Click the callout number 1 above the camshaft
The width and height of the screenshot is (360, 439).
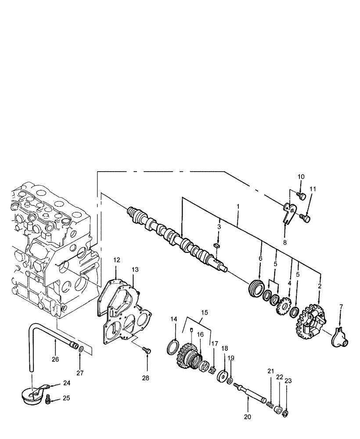point(238,206)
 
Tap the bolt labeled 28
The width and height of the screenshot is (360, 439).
point(147,350)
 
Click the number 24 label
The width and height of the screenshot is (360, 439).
point(66,383)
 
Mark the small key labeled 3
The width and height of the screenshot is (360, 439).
point(216,246)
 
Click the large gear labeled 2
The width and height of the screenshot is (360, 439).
point(312,324)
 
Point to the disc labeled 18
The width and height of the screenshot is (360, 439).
point(224,377)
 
